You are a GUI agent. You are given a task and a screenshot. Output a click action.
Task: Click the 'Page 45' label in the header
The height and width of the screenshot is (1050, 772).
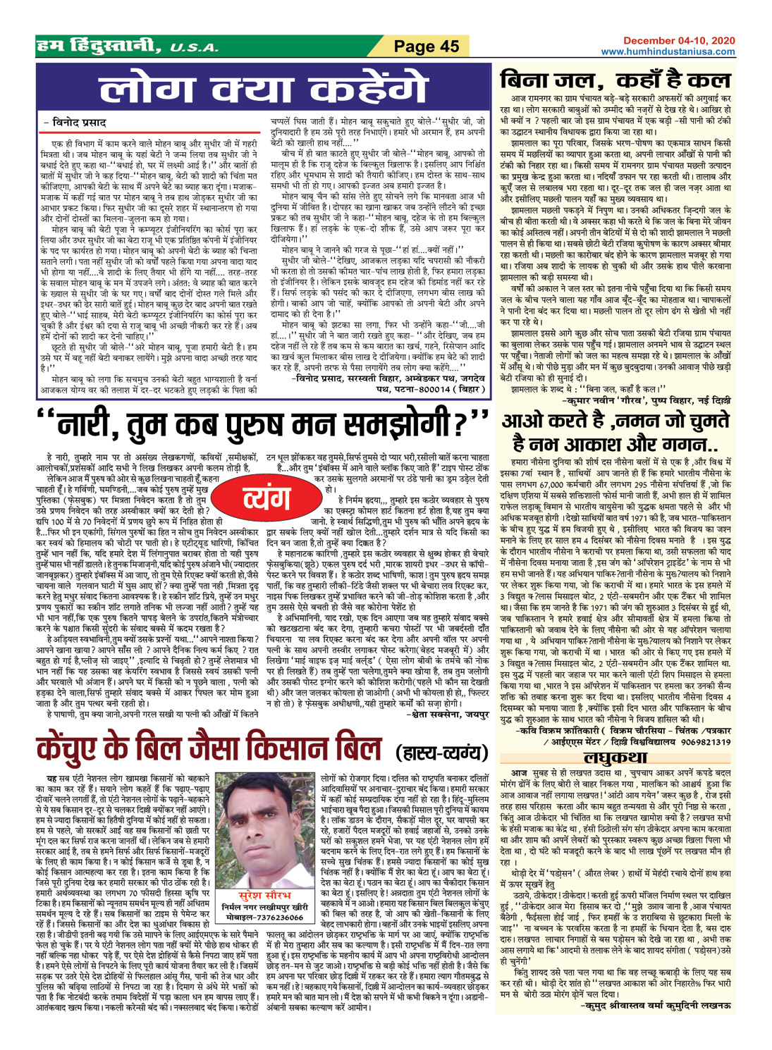(x=427, y=47)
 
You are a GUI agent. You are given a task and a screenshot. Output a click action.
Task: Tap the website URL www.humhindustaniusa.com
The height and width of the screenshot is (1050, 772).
(x=668, y=51)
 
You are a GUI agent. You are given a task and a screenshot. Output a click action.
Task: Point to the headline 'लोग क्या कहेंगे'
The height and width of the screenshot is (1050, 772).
(x=264, y=90)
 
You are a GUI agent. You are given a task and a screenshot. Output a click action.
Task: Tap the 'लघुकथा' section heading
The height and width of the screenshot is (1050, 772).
(x=615, y=757)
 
